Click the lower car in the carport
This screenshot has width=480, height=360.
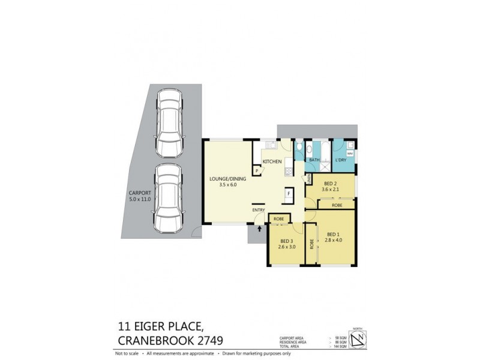[168, 198]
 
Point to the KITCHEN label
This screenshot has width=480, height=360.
[272, 161]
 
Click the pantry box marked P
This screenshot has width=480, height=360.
[257, 171]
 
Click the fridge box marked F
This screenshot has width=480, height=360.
[289, 194]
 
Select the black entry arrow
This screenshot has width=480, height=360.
[259, 228]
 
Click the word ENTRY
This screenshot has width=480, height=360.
[259, 210]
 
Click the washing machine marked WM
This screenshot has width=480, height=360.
[350, 154]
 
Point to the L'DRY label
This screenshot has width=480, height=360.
[341, 160]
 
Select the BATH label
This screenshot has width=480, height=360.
[314, 160]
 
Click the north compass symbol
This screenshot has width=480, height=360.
[358, 340]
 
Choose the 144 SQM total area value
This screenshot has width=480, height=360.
[341, 346]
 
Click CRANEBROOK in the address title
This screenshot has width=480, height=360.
[155, 341]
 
